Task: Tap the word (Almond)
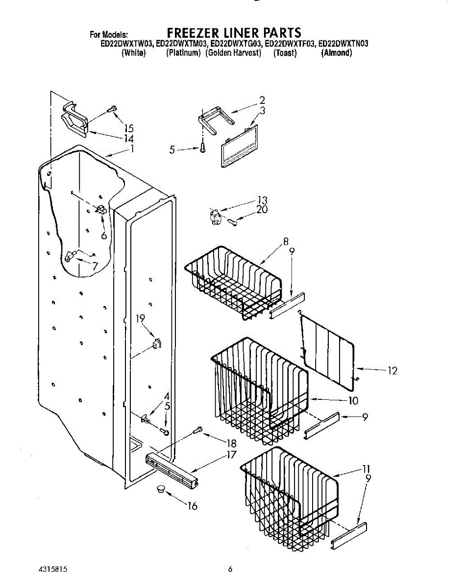336,53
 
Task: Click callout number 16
192,506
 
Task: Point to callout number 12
392,371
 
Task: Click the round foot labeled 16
161,489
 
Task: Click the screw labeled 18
198,430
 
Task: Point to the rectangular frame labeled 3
240,146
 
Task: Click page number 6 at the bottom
229,569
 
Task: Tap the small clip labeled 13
214,216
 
